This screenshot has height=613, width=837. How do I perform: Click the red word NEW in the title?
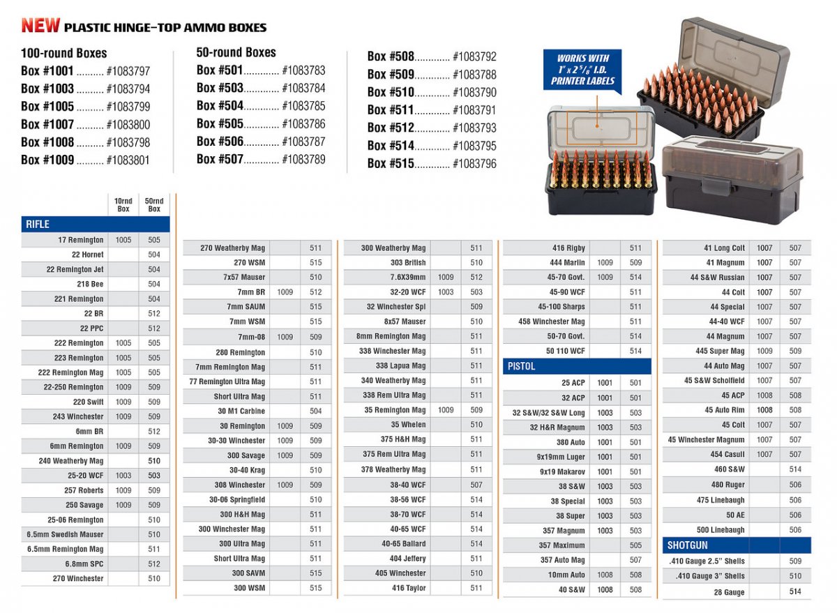pos(40,26)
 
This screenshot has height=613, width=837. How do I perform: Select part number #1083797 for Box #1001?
pos(128,71)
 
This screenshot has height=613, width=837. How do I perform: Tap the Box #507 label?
pos(220,159)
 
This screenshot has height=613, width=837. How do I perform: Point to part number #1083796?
pos(474,164)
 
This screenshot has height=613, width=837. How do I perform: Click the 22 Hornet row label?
pos(88,255)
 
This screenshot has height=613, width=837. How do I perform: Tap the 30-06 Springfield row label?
pos(237,499)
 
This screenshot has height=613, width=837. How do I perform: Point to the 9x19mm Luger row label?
pos(561,457)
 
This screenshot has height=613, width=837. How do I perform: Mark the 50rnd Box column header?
pos(154,205)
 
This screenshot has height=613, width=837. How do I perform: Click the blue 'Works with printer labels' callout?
pos(583,69)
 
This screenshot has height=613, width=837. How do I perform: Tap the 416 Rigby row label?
pos(568,248)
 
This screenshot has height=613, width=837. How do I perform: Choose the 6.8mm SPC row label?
pos(84,563)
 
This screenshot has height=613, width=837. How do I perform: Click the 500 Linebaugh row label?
pos(721,530)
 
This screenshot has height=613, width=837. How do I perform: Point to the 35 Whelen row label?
pos(408,425)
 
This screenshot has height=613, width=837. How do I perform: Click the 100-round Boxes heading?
pos(64,53)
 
